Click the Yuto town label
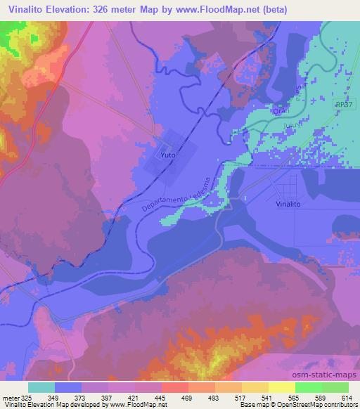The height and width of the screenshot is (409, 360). point(167,154)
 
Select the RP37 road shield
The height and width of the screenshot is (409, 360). point(343,103)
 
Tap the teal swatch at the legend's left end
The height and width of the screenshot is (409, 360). point(41,387)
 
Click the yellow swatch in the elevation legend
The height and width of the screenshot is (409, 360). point(281,387)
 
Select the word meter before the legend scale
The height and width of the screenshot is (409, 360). point(10,397)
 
